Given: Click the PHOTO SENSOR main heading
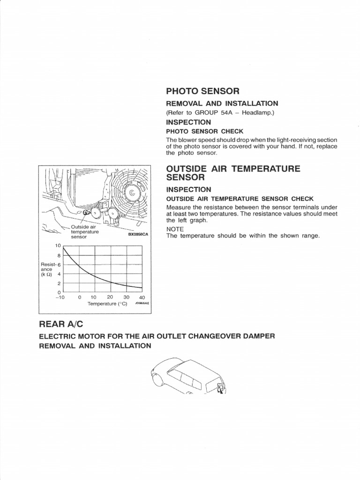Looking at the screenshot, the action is [x=202, y=90].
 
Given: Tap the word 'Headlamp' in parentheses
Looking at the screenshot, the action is [x=255, y=112].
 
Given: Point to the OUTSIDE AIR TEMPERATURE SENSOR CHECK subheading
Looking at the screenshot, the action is [x=240, y=199].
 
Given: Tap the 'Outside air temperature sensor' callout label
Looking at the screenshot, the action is [x=84, y=232].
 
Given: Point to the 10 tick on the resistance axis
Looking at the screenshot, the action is [x=58, y=246].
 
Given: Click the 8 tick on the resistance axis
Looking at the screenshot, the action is [x=59, y=255].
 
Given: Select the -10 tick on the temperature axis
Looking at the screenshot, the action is [x=60, y=297].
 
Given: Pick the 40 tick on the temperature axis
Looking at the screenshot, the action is [x=142, y=297].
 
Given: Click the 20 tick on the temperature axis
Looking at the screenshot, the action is [x=110, y=297].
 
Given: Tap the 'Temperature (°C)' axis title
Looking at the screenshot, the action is [x=107, y=304].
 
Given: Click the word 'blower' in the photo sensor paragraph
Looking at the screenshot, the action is [x=186, y=140].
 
